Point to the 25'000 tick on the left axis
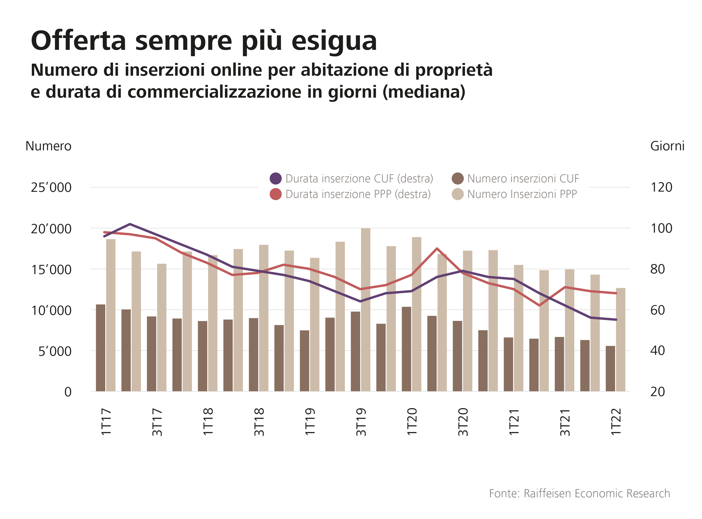point(51,188)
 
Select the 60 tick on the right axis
point(657,310)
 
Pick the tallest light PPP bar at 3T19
point(366,309)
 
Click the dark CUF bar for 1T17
point(100,348)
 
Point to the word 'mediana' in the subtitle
point(424,92)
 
